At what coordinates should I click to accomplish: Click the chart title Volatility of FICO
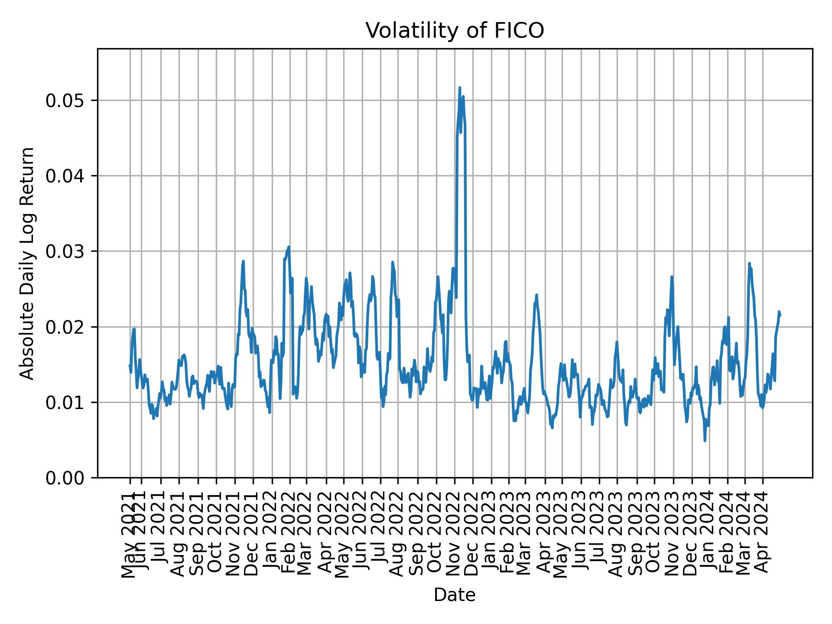[455, 31]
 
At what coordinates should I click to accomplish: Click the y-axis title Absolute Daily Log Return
[28, 263]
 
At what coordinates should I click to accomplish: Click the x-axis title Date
[455, 595]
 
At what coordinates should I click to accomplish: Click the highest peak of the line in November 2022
[459, 88]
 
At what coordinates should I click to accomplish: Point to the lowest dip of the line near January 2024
[705, 441]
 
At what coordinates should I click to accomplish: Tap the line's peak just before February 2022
[289, 247]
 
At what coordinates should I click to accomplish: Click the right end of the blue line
[780, 315]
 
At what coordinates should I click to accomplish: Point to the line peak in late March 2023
[536, 295]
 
